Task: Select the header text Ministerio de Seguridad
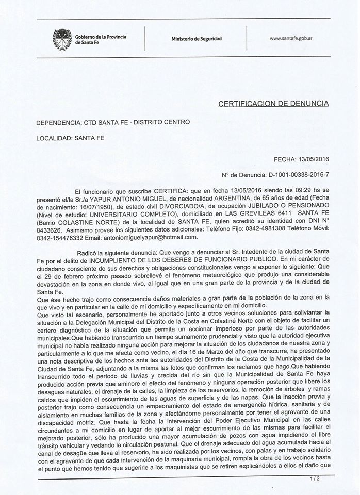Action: pyautogui.click(x=196, y=39)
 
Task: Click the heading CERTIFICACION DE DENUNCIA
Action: pyautogui.click(x=273, y=103)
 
